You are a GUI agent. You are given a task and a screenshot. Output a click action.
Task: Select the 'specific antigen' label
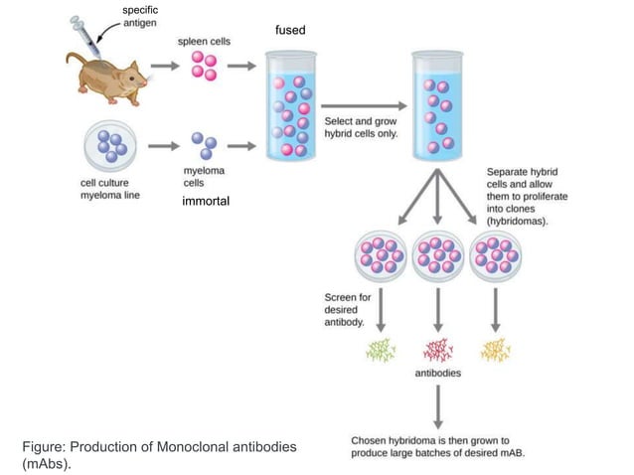[x=139, y=17]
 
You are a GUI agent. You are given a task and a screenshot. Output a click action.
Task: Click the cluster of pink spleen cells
[x=203, y=66]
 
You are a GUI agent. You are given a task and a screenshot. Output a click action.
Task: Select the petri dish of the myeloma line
[x=110, y=148]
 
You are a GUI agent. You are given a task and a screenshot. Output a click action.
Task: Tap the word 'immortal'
[x=206, y=201]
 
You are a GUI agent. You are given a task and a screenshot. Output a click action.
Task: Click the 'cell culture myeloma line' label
[x=110, y=189]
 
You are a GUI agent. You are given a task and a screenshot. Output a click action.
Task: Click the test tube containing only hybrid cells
[x=438, y=104]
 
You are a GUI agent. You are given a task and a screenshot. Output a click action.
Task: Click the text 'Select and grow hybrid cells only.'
[x=360, y=127]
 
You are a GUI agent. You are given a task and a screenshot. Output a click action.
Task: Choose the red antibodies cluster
[x=437, y=349]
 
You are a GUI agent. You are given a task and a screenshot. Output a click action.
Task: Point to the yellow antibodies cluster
[x=494, y=349]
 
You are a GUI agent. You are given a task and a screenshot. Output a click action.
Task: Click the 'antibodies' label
[x=437, y=375]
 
